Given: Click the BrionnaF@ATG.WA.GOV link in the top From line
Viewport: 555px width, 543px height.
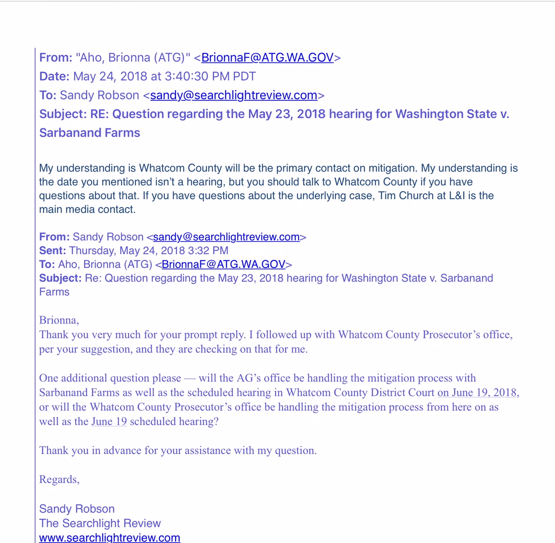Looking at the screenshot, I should click(x=268, y=58).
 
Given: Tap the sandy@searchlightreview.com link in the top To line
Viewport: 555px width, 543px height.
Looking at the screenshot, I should click(x=234, y=95).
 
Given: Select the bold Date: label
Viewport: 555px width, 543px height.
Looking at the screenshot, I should click(x=54, y=77).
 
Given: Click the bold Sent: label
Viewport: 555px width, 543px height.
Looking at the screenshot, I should click(x=52, y=251).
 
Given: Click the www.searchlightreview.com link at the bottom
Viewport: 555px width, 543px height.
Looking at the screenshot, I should click(x=109, y=538).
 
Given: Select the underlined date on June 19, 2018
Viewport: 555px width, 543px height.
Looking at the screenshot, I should click(x=477, y=393).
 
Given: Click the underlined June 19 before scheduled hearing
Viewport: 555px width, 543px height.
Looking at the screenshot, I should click(x=109, y=422).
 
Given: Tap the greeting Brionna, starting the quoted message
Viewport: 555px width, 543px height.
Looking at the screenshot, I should click(x=59, y=320).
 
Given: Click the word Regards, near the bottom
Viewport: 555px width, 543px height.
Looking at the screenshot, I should click(x=59, y=479).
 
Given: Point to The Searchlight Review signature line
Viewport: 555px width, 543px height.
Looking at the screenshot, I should click(x=100, y=523).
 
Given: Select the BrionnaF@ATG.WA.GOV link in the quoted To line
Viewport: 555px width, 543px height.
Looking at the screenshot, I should click(x=223, y=265).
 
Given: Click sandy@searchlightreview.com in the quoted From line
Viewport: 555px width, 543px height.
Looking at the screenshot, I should click(x=226, y=237).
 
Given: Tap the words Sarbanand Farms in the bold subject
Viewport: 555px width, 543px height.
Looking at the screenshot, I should click(x=90, y=133).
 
